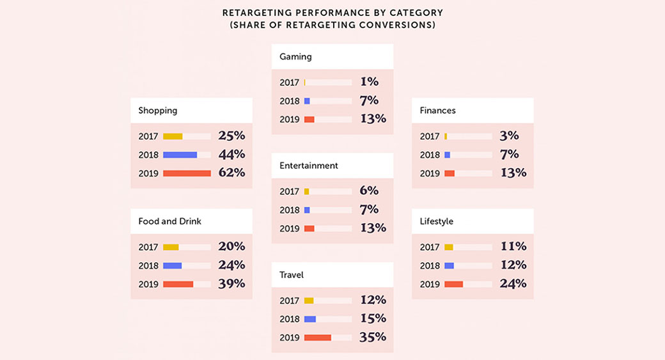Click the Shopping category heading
click(x=158, y=111)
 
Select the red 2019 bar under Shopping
click(x=187, y=173)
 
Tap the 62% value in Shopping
click(x=232, y=173)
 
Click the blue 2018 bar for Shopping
click(x=180, y=155)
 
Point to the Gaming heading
click(x=295, y=57)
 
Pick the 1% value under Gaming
click(x=369, y=82)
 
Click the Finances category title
click(x=437, y=111)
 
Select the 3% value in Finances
click(x=510, y=136)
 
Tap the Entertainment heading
click(x=309, y=166)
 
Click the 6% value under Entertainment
click(x=369, y=191)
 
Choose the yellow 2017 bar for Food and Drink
click(x=171, y=247)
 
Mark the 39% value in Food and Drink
click(x=232, y=284)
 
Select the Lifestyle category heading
click(x=437, y=221)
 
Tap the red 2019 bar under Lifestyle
click(x=453, y=285)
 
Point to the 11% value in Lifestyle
click(x=513, y=247)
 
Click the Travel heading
click(x=292, y=275)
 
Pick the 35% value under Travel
click(x=373, y=337)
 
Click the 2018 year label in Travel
click(x=289, y=319)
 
